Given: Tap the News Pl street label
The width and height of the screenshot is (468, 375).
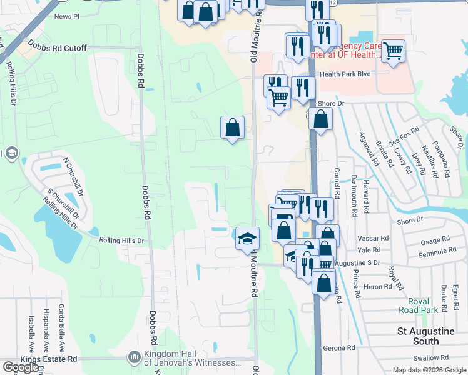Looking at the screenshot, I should click(68, 17).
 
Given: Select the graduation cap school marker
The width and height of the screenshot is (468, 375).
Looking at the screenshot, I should click(248, 239).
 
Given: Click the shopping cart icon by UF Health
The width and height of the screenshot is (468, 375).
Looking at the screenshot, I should click(393, 51).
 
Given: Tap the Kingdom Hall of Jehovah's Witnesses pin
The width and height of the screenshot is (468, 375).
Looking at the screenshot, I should click(134, 357).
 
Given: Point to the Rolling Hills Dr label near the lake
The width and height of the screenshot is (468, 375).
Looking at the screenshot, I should click(121, 240).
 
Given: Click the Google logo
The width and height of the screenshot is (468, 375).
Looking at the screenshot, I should click(21, 367).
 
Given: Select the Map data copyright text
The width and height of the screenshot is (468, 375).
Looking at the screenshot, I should click(429, 370).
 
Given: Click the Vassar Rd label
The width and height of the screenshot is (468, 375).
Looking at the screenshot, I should click(373, 238).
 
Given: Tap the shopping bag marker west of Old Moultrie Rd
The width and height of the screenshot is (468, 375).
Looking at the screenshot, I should click(232, 128).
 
